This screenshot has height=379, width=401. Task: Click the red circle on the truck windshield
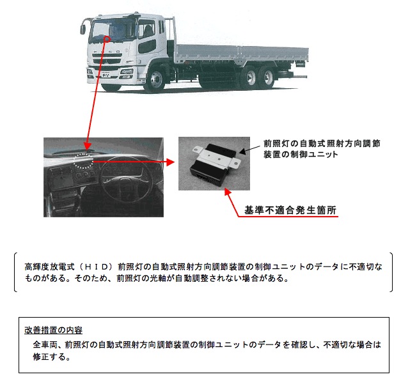coord(107,39)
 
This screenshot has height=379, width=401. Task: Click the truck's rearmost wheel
coord(267,77)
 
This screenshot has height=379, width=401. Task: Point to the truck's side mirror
coord(83,29)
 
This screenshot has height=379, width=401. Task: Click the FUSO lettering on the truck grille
coord(107,52)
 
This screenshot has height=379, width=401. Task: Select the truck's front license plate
coord(106,75)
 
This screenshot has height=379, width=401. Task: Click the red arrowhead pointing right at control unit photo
coord(170,162)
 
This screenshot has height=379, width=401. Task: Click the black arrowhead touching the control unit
coord(242,151)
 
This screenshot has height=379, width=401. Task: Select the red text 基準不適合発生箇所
coord(290,210)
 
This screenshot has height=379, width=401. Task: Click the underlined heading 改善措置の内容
coord(54,330)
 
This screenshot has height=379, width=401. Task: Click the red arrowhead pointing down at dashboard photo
coord(87,146)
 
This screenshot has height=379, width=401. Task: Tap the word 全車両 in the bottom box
coord(45,344)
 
